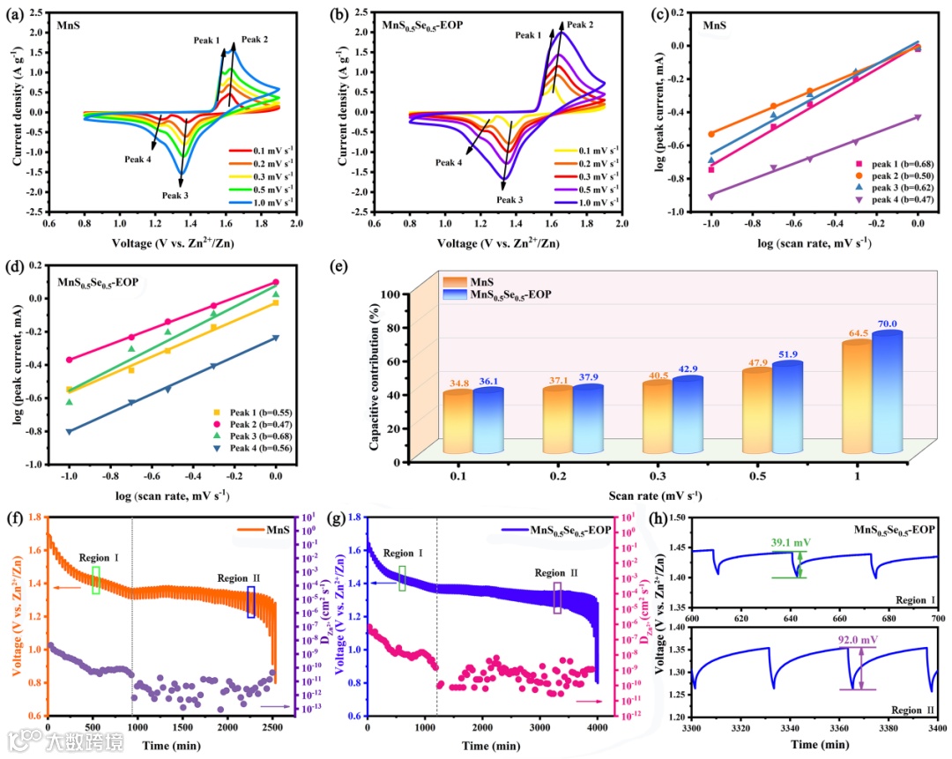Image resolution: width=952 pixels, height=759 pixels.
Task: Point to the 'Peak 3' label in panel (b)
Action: pos(509,199)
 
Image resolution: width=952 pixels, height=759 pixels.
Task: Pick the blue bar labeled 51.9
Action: pos(786,406)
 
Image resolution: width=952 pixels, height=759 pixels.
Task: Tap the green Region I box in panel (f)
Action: pos(95,579)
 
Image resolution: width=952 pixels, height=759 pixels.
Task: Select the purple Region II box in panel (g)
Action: pos(557,597)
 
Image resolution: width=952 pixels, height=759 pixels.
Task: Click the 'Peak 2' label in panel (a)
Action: pos(255,40)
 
